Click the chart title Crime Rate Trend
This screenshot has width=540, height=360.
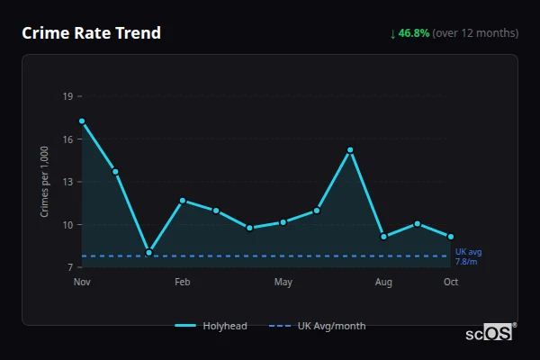(x=91, y=33)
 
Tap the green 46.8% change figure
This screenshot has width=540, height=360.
(x=414, y=33)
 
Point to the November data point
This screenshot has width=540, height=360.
(x=82, y=121)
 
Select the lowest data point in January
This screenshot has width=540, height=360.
(x=148, y=252)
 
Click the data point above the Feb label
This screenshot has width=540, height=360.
(x=183, y=201)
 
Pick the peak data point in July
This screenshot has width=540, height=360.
(x=350, y=149)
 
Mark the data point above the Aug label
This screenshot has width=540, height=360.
(x=383, y=237)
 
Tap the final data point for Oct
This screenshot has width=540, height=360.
(x=451, y=237)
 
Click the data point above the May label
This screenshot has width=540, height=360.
(x=283, y=221)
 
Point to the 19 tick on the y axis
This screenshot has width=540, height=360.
(x=67, y=96)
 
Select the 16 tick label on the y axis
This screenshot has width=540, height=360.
(x=67, y=139)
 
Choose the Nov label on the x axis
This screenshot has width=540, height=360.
(x=82, y=283)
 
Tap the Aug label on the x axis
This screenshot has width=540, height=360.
(x=383, y=283)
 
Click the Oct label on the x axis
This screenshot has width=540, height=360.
(x=451, y=283)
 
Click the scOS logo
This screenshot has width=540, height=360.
(x=490, y=333)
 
